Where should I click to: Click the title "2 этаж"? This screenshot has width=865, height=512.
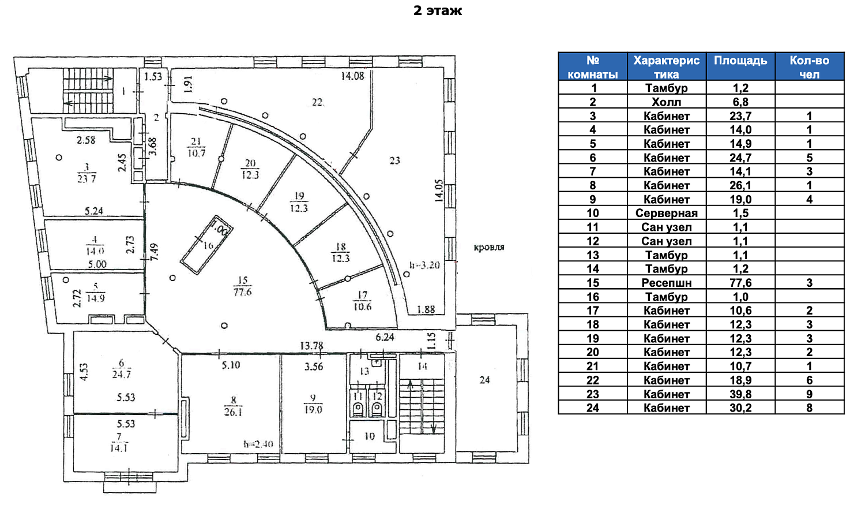(x=438, y=11)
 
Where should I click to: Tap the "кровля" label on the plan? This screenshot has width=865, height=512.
(x=489, y=248)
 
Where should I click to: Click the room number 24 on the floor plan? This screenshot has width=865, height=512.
(x=484, y=380)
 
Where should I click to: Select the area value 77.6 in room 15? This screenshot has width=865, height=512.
(x=242, y=293)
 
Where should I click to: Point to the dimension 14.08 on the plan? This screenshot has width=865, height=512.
(x=352, y=76)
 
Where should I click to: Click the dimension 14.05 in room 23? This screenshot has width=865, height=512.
(x=438, y=190)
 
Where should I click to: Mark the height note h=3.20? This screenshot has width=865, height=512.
(x=424, y=265)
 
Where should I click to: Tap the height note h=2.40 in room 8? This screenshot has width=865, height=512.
(x=258, y=444)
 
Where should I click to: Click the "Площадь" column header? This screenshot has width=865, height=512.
(x=740, y=61)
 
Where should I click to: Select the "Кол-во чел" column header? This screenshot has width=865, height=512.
(x=809, y=67)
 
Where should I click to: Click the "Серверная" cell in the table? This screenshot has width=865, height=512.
(x=666, y=213)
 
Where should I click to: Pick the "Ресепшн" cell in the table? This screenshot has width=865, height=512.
(x=666, y=283)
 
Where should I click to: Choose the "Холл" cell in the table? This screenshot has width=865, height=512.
(x=666, y=102)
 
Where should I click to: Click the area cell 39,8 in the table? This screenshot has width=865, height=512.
(x=740, y=394)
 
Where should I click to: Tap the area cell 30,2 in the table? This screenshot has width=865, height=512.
(x=740, y=408)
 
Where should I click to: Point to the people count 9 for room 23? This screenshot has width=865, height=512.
(x=809, y=394)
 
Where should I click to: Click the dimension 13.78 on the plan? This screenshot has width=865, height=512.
(x=311, y=346)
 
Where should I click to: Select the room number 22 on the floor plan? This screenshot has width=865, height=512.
(x=317, y=102)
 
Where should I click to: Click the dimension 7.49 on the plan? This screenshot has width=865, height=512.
(x=154, y=252)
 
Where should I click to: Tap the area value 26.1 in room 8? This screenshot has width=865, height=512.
(x=233, y=412)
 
